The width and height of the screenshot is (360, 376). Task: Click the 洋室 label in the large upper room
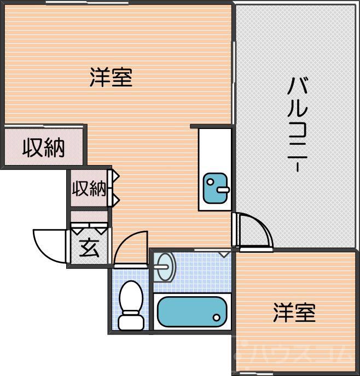[111, 78]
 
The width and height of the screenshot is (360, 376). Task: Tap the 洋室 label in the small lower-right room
[294, 313]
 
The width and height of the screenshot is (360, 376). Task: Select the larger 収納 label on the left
[44, 148]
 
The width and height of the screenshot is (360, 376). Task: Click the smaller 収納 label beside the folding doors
[89, 189]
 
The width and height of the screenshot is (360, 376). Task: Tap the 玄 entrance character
[90, 249]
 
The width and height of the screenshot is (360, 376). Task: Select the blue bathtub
[191, 312]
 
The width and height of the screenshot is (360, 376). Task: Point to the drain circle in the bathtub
[217, 318]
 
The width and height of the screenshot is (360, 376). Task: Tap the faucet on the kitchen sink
[223, 190]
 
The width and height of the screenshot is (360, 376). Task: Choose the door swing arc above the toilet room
[131, 247]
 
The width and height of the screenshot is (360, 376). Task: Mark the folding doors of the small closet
[115, 189]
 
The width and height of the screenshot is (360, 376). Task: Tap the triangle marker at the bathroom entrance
[224, 254]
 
